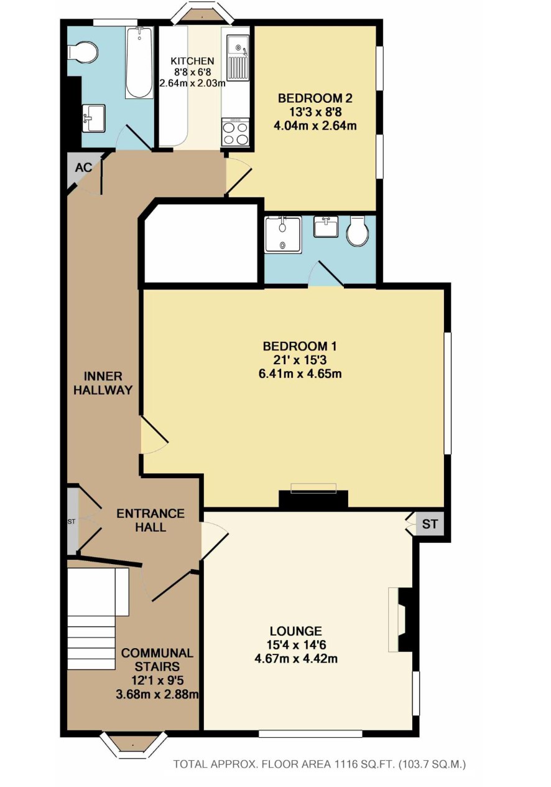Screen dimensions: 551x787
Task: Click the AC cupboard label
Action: (83, 167)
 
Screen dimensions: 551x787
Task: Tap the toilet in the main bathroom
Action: (83, 53)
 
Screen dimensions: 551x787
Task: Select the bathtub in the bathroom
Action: (139, 62)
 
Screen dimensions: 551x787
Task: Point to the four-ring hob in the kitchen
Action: (235, 131)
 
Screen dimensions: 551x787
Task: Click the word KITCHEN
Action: (192, 61)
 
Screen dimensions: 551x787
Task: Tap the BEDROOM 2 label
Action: (315, 98)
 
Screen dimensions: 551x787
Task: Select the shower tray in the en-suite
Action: (283, 234)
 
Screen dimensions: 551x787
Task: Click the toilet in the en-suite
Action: (358, 230)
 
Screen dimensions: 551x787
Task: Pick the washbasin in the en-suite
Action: (325, 227)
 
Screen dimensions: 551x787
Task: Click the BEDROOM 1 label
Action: (299, 346)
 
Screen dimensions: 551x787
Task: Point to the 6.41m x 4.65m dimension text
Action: (300, 373)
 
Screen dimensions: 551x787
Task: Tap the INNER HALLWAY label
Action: (103, 384)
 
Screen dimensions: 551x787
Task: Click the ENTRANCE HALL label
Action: (150, 521)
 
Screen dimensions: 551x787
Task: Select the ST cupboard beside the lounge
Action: (430, 524)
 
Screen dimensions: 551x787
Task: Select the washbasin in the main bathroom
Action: (94, 118)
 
